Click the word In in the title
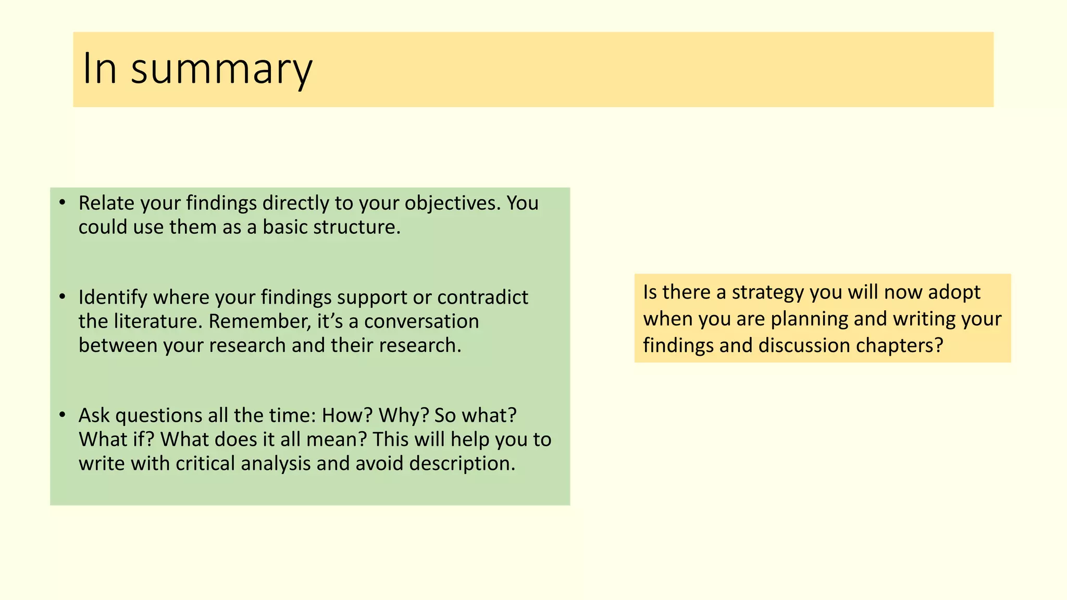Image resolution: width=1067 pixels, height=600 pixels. (x=99, y=69)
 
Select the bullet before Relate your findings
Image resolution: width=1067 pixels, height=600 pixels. (x=63, y=203)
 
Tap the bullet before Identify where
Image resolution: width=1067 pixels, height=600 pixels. (x=63, y=297)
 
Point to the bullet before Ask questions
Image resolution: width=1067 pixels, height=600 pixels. (x=63, y=415)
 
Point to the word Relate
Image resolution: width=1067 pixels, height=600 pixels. (x=106, y=203)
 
